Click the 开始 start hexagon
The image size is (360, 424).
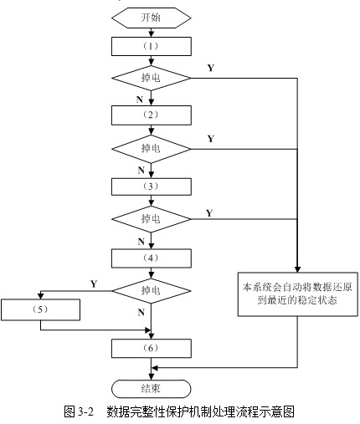click(152, 18)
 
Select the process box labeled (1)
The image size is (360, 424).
click(152, 46)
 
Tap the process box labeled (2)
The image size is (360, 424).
click(152, 115)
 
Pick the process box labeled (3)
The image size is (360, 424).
click(152, 186)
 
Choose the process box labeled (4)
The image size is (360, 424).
click(152, 258)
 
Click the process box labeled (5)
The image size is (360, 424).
click(40, 309)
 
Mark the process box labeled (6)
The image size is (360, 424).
click(152, 348)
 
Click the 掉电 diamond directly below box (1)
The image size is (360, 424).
click(152, 78)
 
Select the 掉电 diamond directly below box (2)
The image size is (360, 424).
click(152, 149)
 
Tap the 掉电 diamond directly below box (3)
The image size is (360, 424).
click(152, 219)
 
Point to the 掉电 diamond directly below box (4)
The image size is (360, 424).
click(152, 291)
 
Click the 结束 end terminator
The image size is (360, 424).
click(152, 389)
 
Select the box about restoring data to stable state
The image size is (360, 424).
click(298, 294)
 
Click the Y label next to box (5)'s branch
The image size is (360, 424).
click(94, 284)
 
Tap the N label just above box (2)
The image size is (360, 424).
click(140, 100)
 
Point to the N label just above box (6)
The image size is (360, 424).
click(141, 312)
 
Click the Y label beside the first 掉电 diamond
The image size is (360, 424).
click(211, 68)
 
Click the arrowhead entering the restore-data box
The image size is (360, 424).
click(297, 269)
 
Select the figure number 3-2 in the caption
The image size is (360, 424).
click(85, 411)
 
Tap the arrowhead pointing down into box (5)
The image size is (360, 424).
click(41, 296)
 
